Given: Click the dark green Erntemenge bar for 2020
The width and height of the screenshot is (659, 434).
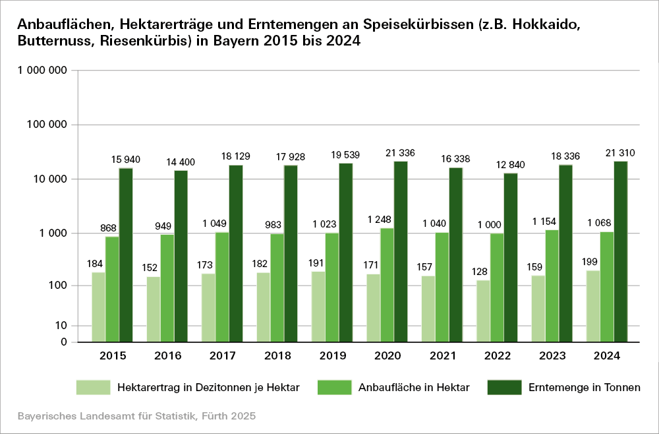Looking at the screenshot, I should click(x=401, y=251).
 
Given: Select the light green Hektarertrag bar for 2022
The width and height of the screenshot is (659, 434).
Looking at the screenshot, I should click(x=484, y=311).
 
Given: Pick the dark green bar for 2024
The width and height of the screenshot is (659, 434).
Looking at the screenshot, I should click(x=620, y=251).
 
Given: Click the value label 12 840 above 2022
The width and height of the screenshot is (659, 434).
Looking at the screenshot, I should click(x=511, y=165).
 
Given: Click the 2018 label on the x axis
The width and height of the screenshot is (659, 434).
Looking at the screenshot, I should click(x=277, y=357).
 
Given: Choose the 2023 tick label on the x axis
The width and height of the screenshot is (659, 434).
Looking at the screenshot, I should click(x=552, y=357).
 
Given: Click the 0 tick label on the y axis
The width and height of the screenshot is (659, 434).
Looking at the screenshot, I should click(x=63, y=342).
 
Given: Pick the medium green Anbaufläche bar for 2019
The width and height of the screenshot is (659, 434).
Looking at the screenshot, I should click(x=332, y=287).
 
